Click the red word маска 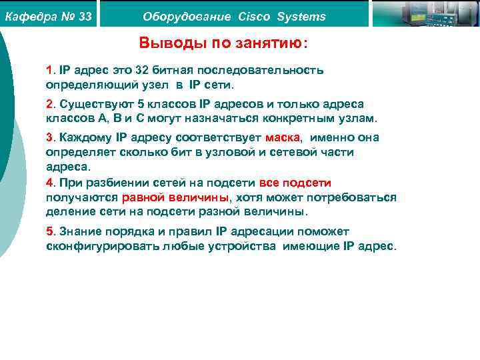pos(283,137)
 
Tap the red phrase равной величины pos(175,197)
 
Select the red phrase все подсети pos(295,183)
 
